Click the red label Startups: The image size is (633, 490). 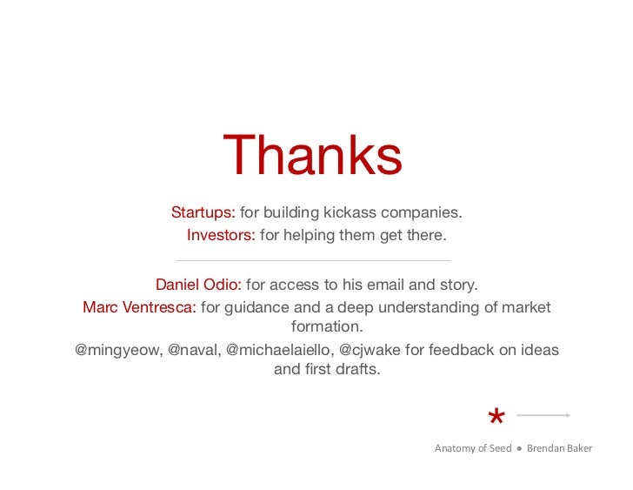pyautogui.click(x=203, y=212)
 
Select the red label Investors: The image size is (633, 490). pyautogui.click(x=221, y=235)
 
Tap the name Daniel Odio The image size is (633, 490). pyautogui.click(x=198, y=285)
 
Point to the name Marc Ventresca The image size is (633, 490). pyautogui.click(x=139, y=307)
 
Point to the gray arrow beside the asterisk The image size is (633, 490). pyautogui.click(x=543, y=415)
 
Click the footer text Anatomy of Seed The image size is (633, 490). pyautogui.click(x=473, y=448)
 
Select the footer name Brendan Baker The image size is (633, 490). pyautogui.click(x=559, y=448)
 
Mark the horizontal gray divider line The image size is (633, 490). pyautogui.click(x=313, y=260)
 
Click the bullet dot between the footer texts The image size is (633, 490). pyautogui.click(x=519, y=449)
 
